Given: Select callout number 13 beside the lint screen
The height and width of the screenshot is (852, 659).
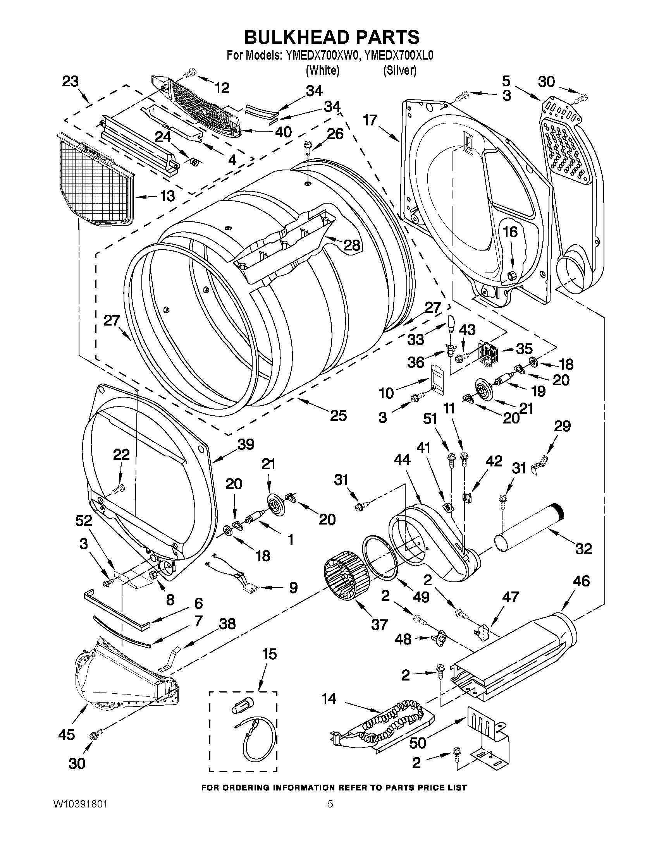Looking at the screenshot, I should (x=167, y=196).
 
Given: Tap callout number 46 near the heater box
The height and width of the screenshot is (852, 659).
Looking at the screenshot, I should (x=581, y=592).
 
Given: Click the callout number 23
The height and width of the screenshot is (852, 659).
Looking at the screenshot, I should (x=70, y=82).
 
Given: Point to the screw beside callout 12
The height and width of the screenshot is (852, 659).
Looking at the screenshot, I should (x=190, y=72).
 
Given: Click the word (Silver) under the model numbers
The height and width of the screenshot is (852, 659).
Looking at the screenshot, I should (x=399, y=70).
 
